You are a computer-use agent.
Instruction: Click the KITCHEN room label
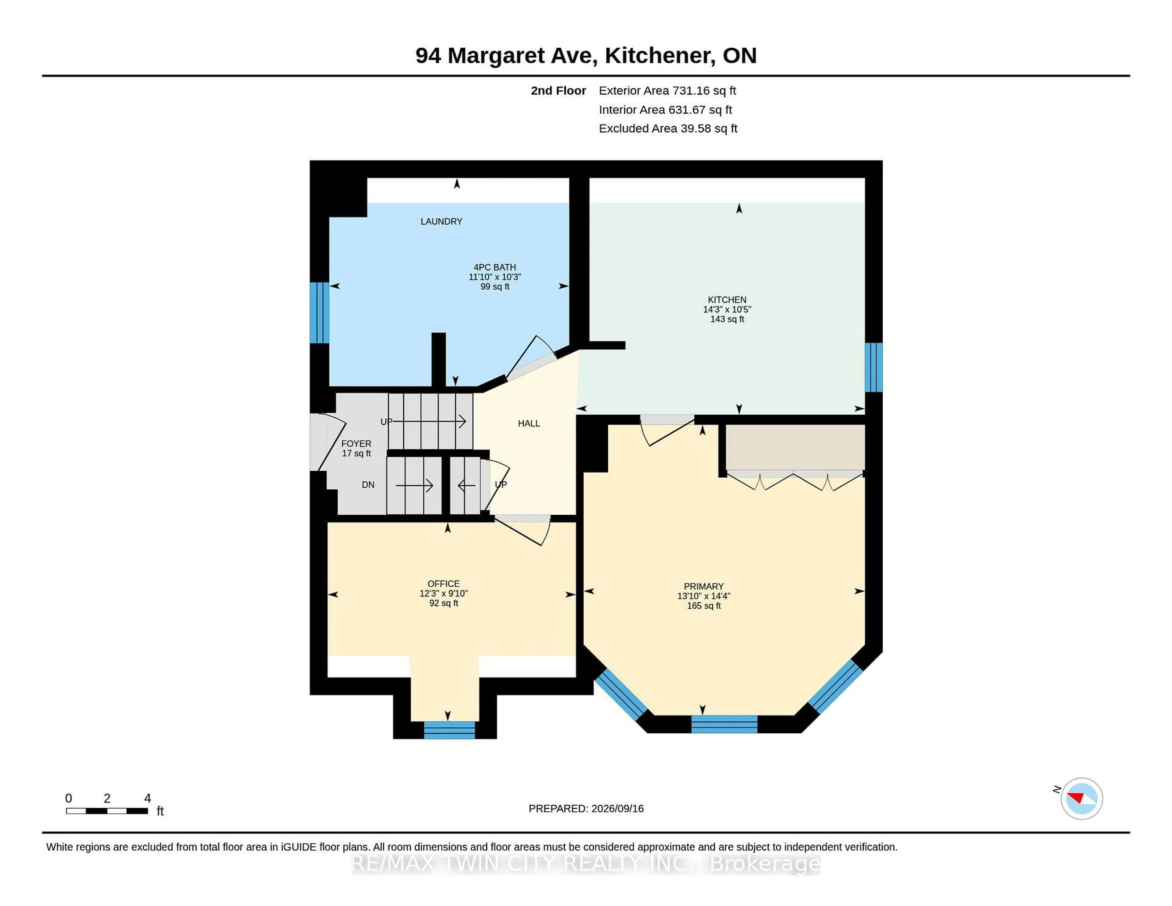click(727, 299)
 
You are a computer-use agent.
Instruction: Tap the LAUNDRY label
click(441, 221)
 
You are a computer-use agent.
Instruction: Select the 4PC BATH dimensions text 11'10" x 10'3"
click(495, 277)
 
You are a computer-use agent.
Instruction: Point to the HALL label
click(529, 423)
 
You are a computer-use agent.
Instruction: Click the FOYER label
click(356, 443)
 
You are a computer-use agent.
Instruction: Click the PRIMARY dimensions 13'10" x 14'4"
click(704, 596)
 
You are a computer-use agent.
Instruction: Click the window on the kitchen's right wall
click(874, 368)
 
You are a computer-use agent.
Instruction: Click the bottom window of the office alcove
click(449, 730)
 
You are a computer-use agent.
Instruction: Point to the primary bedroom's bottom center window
click(724, 724)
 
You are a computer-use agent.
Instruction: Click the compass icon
click(1081, 798)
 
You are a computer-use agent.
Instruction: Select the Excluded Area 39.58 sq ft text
click(668, 128)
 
